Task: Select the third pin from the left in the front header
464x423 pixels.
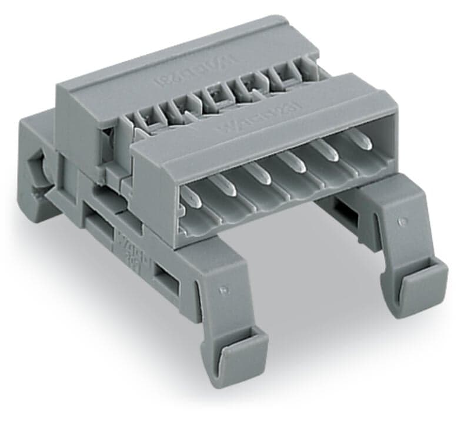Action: click(x=257, y=174)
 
